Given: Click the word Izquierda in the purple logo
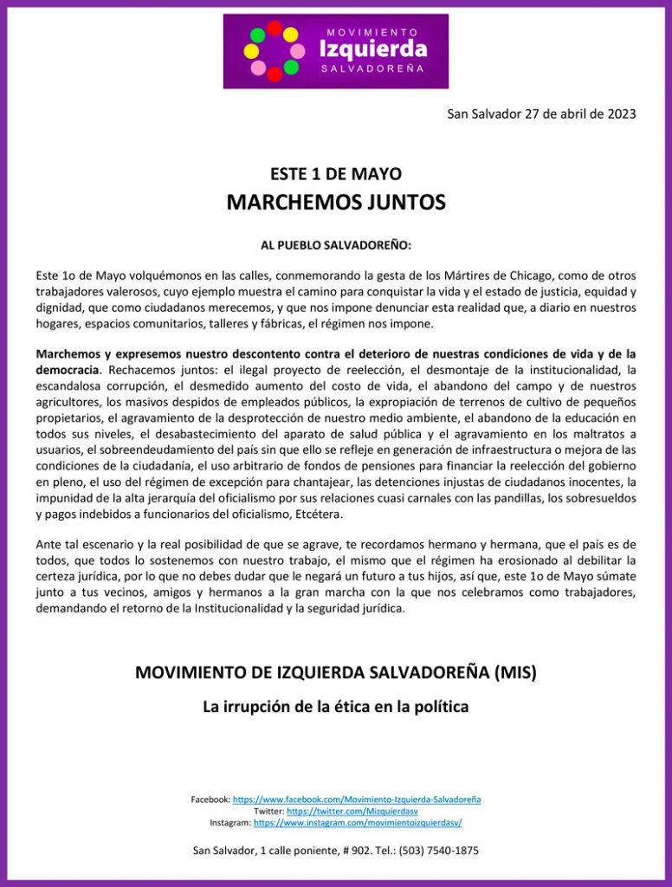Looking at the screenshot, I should click(372, 49).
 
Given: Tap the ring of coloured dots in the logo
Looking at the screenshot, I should click(274, 51).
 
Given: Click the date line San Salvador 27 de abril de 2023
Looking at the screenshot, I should click(541, 113).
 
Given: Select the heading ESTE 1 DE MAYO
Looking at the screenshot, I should click(336, 173).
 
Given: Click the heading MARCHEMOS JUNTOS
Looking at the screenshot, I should click(336, 203).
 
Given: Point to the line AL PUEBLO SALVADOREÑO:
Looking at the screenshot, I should click(336, 245).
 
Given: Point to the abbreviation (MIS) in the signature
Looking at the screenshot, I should click(514, 672).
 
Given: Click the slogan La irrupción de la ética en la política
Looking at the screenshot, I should click(336, 707).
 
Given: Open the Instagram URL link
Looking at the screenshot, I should click(358, 823).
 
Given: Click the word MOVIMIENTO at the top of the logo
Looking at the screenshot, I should click(372, 30).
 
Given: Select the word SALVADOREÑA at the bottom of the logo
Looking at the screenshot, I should click(372, 68).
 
